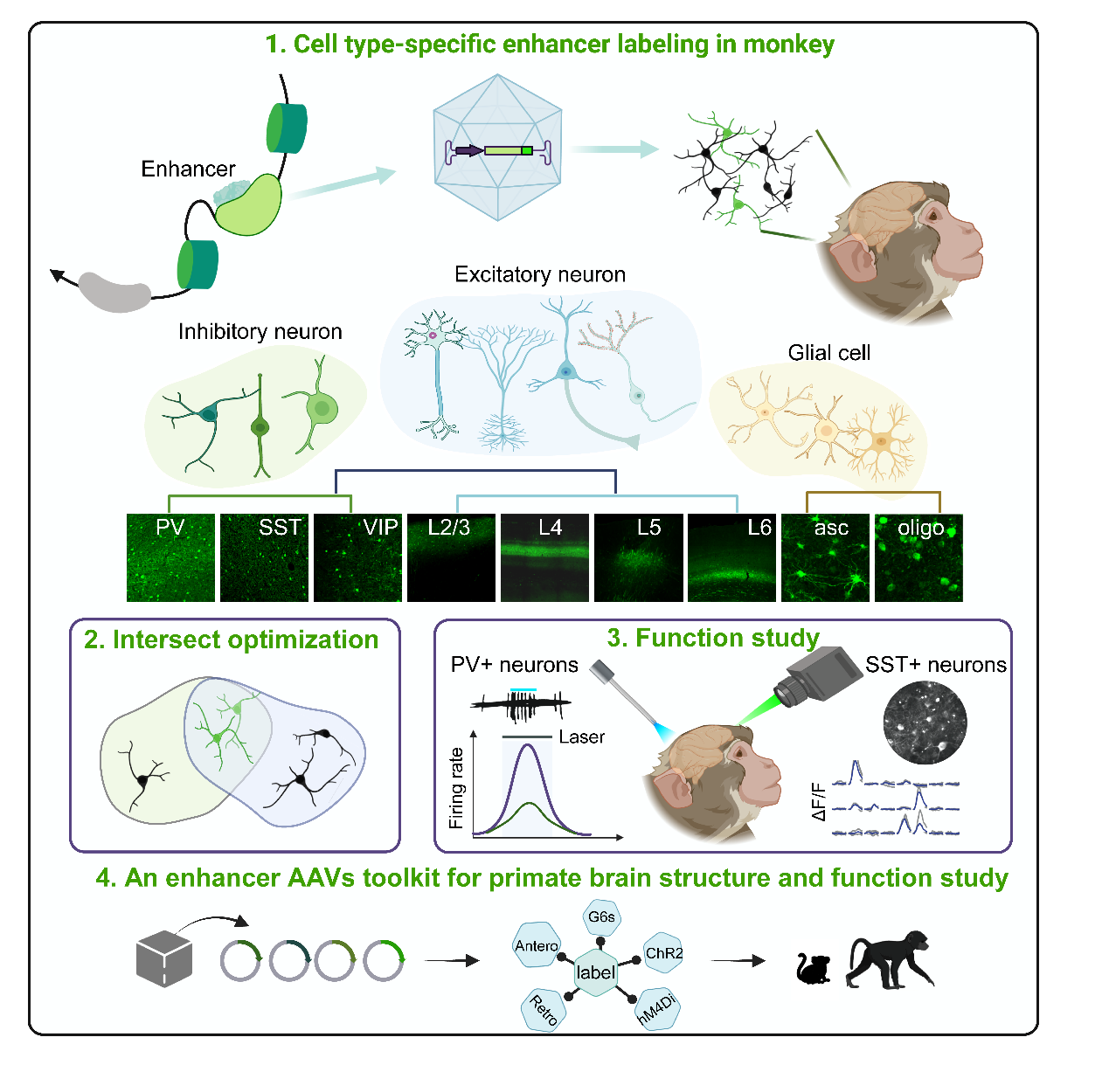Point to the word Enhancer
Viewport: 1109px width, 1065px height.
[x=188, y=169]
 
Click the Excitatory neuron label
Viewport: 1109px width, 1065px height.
[x=540, y=274]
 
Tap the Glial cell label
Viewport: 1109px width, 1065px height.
[x=828, y=353]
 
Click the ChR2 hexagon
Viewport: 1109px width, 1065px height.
[x=664, y=953]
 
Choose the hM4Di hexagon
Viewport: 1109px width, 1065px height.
[x=656, y=1009]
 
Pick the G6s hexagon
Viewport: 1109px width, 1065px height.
[x=601, y=917]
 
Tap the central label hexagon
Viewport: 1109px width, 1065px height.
[x=595, y=972]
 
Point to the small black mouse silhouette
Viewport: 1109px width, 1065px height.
[x=814, y=969]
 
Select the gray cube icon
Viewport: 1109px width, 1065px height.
[x=163, y=958]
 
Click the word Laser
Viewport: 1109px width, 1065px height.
[x=581, y=737]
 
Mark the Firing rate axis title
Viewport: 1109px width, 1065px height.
[x=456, y=788]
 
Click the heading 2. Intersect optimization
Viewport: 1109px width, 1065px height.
[x=231, y=640]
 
